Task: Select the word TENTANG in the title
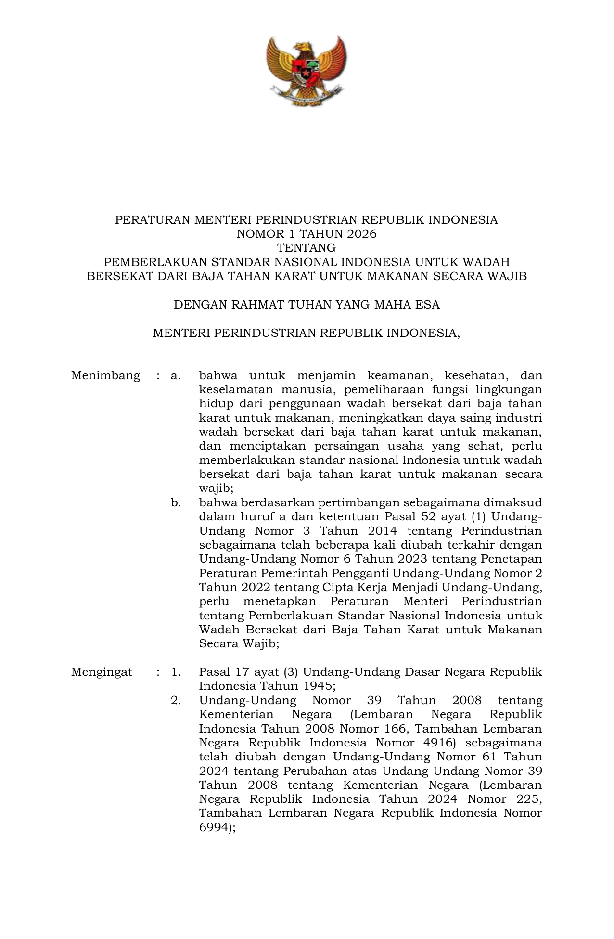tap(307, 248)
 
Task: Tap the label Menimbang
tap(105, 376)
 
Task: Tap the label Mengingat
tap(102, 672)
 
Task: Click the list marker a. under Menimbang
tap(176, 376)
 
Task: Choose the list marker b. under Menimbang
tap(176, 503)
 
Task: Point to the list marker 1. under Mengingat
tap(176, 672)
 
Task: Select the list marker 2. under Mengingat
tap(176, 700)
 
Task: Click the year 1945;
tap(320, 686)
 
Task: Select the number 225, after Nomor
tap(526, 799)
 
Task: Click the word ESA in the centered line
tap(427, 305)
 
